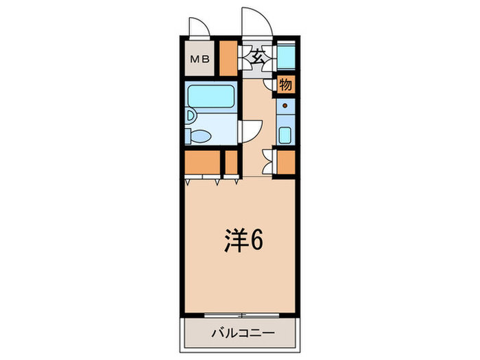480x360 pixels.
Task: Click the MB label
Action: (200, 59)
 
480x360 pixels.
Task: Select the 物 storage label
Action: (286, 84)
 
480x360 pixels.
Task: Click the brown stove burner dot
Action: (285, 106)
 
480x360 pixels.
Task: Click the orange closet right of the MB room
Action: (227, 58)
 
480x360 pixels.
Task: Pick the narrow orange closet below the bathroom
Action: (231, 163)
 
